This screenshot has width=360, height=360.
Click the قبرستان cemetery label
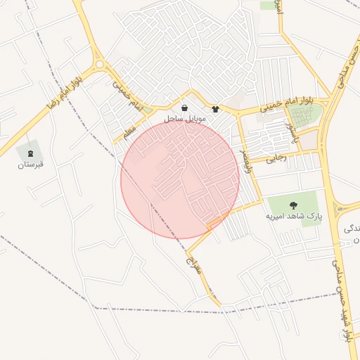31,165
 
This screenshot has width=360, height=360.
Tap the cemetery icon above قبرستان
30,153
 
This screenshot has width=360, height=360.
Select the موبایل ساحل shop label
185,120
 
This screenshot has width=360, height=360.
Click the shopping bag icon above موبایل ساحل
184,108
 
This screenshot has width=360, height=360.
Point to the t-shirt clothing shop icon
215,109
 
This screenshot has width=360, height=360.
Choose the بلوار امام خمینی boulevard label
285,106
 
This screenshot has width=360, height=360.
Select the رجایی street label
276,159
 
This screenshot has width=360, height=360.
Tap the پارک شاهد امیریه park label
293,217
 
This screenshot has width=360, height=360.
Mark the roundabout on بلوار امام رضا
99,65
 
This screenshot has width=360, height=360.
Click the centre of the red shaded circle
180,179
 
